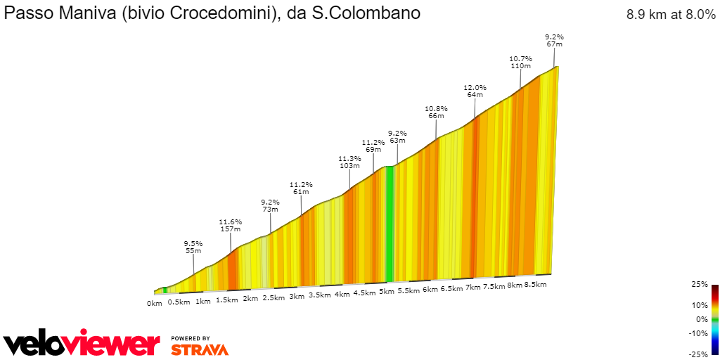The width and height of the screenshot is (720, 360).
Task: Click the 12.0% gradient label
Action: (x=475, y=88)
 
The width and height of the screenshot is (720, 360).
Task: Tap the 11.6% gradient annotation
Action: (x=230, y=221)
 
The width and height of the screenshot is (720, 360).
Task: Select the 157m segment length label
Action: (x=230, y=229)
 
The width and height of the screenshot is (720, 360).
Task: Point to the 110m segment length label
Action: (x=520, y=66)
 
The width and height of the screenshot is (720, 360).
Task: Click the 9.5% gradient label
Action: (x=193, y=243)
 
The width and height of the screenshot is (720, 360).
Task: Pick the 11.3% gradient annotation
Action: (x=349, y=159)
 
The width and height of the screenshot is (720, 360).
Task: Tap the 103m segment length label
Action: (x=349, y=167)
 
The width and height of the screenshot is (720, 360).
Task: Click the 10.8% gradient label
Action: (x=436, y=109)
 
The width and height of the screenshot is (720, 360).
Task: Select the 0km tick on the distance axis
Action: (x=155, y=304)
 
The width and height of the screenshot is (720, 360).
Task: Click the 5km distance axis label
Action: (x=386, y=292)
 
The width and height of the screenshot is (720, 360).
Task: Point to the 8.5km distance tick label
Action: (x=536, y=285)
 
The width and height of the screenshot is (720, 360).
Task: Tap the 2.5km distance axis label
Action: (x=274, y=298)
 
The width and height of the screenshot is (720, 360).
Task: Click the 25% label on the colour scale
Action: (x=700, y=285)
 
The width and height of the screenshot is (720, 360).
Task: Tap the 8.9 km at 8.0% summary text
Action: (x=671, y=15)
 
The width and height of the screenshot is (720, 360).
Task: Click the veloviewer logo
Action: (x=82, y=344)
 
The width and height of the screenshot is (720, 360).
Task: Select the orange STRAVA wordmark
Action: (x=199, y=349)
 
